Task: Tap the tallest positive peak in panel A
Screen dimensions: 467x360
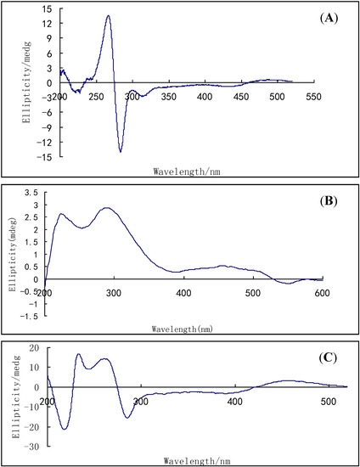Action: click(108, 15)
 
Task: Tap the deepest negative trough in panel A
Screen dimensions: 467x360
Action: click(121, 151)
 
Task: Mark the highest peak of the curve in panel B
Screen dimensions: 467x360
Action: click(107, 208)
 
